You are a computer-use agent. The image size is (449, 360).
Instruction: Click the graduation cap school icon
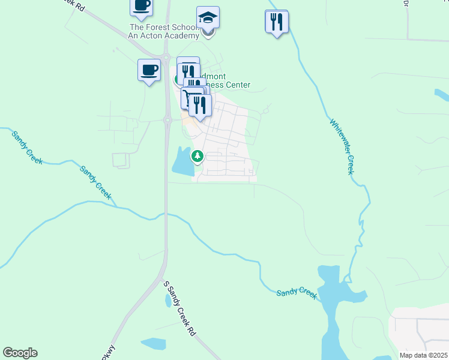click(208, 17)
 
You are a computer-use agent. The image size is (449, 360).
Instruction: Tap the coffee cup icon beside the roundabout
click(149, 70)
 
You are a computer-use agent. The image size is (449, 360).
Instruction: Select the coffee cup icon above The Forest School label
click(142, 7)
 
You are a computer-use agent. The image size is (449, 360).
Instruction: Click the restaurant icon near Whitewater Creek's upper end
click(277, 22)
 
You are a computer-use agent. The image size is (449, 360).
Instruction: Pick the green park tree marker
click(197, 157)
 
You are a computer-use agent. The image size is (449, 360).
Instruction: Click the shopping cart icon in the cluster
click(190, 98)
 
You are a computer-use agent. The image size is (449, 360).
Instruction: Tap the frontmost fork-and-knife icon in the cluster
click(200, 106)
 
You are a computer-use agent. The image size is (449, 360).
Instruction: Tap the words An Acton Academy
click(163, 35)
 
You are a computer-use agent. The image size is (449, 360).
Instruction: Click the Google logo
click(20, 353)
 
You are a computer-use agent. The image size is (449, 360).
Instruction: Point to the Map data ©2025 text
click(423, 355)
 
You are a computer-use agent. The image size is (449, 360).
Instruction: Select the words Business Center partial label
click(228, 85)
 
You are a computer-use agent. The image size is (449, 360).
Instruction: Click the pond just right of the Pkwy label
click(153, 344)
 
